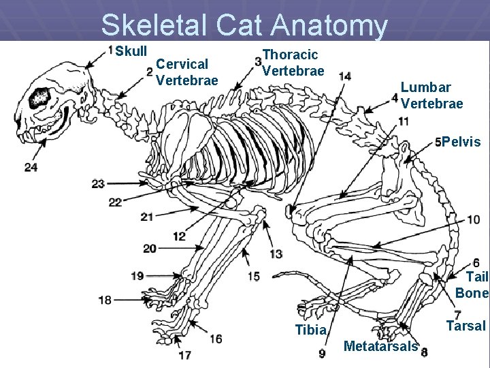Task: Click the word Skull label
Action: [131, 52]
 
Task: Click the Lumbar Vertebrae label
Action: [431, 95]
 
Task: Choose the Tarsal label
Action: [465, 326]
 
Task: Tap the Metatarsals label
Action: [380, 346]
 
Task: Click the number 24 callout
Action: [31, 167]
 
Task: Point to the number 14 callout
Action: [345, 76]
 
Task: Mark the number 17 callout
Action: [184, 354]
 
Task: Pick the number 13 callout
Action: [276, 254]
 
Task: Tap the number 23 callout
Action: [98, 183]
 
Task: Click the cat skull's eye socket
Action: [39, 97]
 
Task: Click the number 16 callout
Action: [216, 339]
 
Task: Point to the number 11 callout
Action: [404, 121]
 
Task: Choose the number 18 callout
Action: [105, 299]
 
